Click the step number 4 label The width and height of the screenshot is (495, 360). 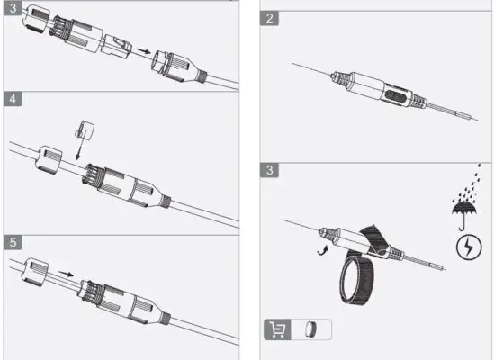(x=12, y=98)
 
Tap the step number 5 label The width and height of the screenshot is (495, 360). (x=12, y=242)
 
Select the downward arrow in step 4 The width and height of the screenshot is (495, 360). (x=79, y=152)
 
